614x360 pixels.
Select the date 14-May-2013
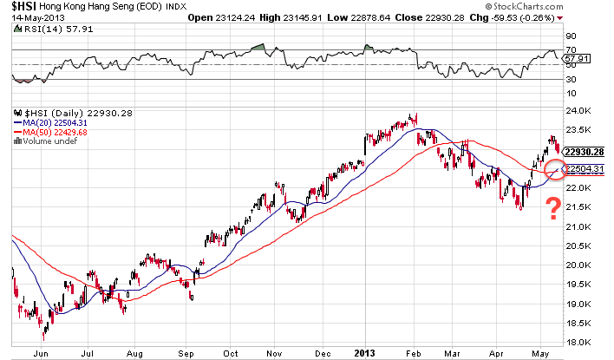click(x=29, y=16)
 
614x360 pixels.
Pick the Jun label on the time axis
click(x=38, y=353)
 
